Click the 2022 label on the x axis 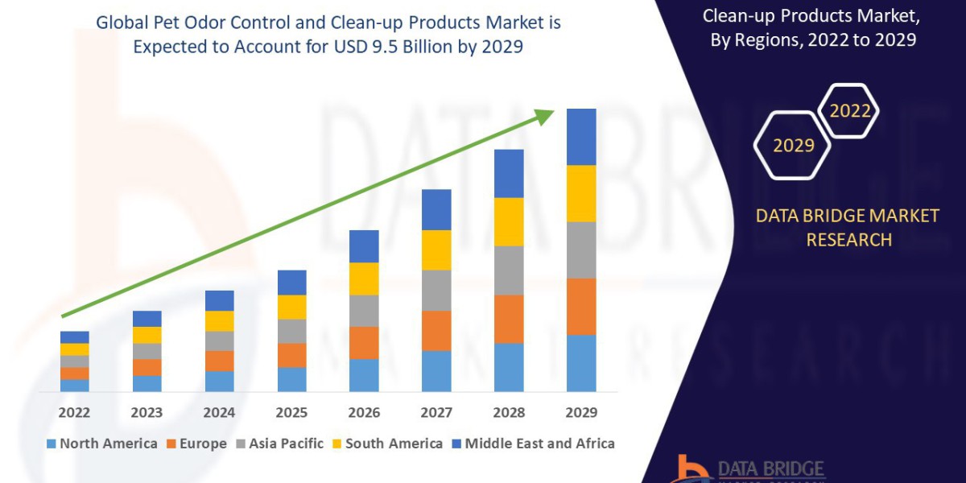point(75,412)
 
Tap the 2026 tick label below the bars point(364,412)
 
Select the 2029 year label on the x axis point(581,412)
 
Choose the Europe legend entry point(197,444)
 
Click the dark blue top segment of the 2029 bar point(581,137)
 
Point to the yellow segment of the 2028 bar point(509,221)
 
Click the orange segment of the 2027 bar point(436,330)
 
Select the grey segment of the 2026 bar point(364,311)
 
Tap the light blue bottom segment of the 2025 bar point(291,379)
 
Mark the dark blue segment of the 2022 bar point(75,337)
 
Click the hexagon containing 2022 point(848,111)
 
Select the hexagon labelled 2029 point(792,146)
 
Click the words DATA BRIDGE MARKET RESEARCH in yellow point(848,228)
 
